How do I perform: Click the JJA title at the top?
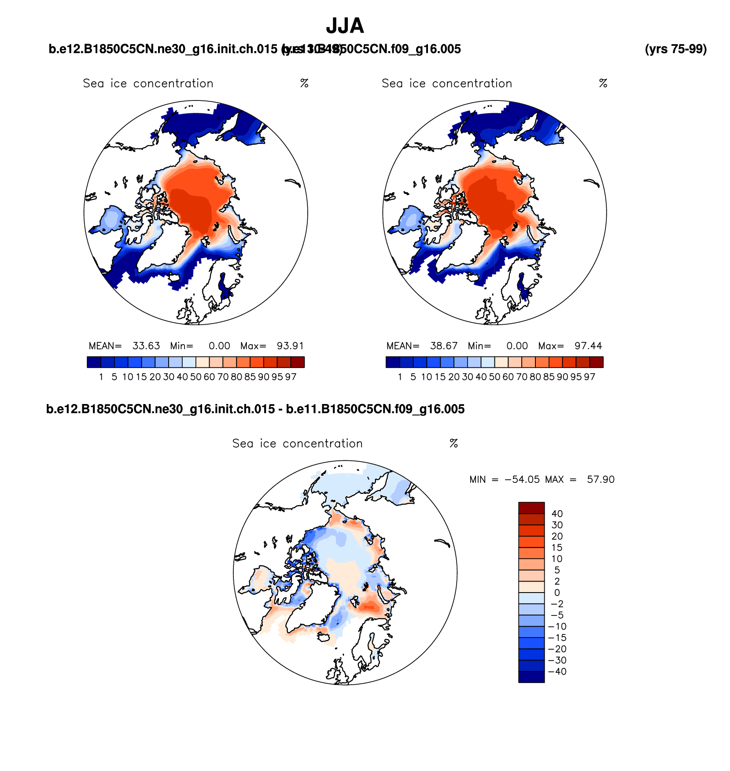pos(345,26)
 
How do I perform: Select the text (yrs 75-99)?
pos(675,49)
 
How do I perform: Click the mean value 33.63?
pos(146,346)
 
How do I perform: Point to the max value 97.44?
pos(588,346)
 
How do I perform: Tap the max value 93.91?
pos(290,346)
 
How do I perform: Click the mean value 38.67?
pos(444,346)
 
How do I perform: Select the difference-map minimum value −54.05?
pos(522,479)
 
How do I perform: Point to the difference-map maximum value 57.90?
pos(601,479)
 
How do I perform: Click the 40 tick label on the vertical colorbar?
pos(557,514)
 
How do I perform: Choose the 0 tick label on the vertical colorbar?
pos(557,593)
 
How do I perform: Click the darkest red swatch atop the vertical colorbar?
pos(531,508)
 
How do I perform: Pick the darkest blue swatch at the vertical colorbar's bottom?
pos(531,677)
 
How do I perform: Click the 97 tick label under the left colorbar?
pos(291,377)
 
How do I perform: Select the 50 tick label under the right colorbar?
pos(494,377)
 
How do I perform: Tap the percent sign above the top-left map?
pos(304,83)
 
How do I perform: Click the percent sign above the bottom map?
pos(454,444)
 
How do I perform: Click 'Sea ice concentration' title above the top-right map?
pos(447,83)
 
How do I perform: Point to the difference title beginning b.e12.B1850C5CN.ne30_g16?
pos(255,409)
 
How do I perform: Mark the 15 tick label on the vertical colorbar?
pos(557,548)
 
